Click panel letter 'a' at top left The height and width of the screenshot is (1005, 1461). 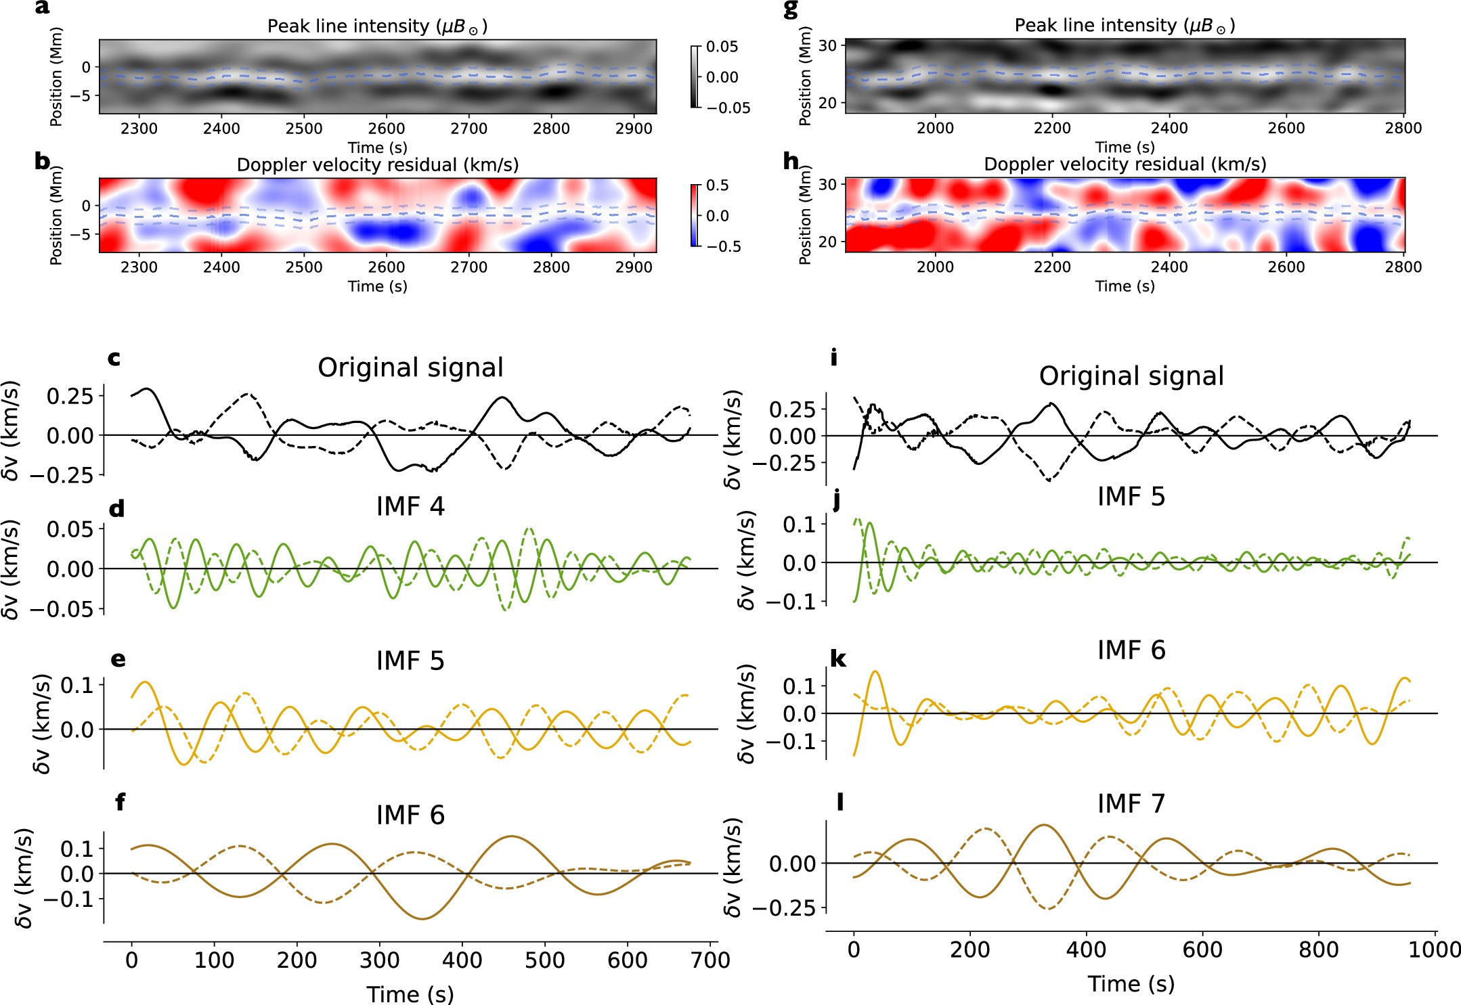42,8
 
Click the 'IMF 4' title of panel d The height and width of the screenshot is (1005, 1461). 410,507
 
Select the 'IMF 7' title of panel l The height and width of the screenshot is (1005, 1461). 1131,804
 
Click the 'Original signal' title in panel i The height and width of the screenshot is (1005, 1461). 1131,376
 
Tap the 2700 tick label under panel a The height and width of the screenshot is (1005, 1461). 468,129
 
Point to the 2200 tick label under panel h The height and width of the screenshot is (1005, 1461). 1052,267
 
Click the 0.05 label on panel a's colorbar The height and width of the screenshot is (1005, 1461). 722,47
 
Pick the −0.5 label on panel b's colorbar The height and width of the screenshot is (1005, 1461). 724,246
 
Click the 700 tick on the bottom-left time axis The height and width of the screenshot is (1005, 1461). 710,960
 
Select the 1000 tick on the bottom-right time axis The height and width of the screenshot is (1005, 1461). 1435,950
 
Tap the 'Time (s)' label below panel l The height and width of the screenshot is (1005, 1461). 1131,984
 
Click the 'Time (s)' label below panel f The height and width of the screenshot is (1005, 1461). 410,994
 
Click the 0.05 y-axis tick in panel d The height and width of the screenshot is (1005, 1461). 70,529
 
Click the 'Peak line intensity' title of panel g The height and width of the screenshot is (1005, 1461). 1125,26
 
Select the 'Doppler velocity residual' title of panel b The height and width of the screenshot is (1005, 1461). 378,165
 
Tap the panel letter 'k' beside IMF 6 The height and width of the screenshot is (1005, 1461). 838,659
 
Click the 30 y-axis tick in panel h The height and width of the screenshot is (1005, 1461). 827,185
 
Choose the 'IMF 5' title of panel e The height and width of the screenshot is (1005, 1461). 410,661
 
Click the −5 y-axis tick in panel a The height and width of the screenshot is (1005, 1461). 85,96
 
